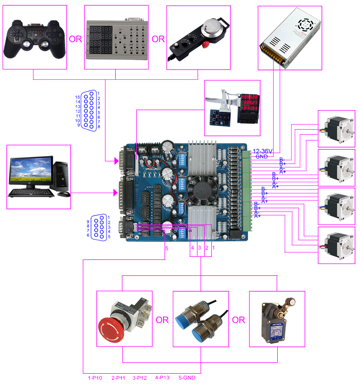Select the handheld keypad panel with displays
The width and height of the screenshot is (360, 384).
(116, 39)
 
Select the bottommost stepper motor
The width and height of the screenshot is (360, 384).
(336, 245)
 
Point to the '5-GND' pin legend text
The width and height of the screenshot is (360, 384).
(187, 378)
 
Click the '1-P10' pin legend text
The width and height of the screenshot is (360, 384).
(96, 378)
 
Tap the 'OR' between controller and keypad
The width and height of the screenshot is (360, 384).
(75, 39)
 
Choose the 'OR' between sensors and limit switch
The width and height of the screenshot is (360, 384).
(238, 320)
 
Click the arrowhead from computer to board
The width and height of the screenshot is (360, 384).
(115, 193)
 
